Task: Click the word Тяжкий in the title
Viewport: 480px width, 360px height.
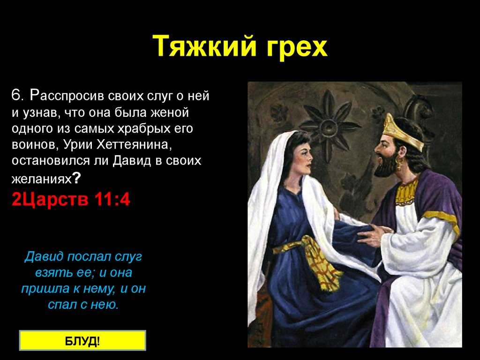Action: tap(204, 46)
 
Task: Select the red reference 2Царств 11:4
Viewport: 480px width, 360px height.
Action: tap(71, 199)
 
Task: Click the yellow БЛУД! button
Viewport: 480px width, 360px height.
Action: tap(82, 340)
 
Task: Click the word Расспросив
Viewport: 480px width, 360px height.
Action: tap(67, 96)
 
